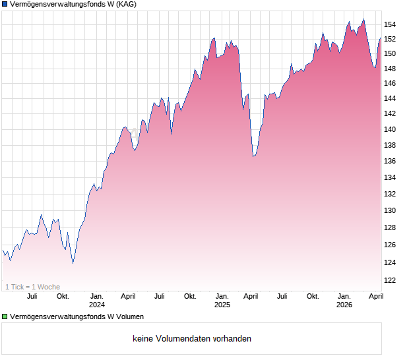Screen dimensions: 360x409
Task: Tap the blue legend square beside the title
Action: coord(5,5)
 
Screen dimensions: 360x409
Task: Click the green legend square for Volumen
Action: coord(5,316)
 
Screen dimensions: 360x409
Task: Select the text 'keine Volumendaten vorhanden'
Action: coord(192,339)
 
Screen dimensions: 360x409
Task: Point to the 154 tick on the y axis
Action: coord(391,24)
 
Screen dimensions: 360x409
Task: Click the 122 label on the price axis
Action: coord(391,280)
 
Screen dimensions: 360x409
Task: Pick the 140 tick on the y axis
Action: coord(391,130)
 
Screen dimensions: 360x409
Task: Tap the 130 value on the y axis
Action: coord(391,210)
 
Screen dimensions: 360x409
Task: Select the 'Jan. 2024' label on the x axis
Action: coord(97,301)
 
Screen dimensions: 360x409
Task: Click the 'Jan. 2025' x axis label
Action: coord(222,301)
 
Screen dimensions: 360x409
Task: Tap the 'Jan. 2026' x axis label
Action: coord(344,301)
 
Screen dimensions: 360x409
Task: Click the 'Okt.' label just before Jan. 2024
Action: coord(63,297)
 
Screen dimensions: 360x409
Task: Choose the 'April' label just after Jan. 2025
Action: coord(251,297)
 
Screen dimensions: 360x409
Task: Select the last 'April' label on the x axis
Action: coord(375,297)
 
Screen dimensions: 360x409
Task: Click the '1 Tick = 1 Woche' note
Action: coord(33,287)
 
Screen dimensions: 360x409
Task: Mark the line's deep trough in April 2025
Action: coord(253,156)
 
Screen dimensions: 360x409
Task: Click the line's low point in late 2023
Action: coord(73,263)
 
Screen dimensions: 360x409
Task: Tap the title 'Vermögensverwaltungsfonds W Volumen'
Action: coord(77,316)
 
